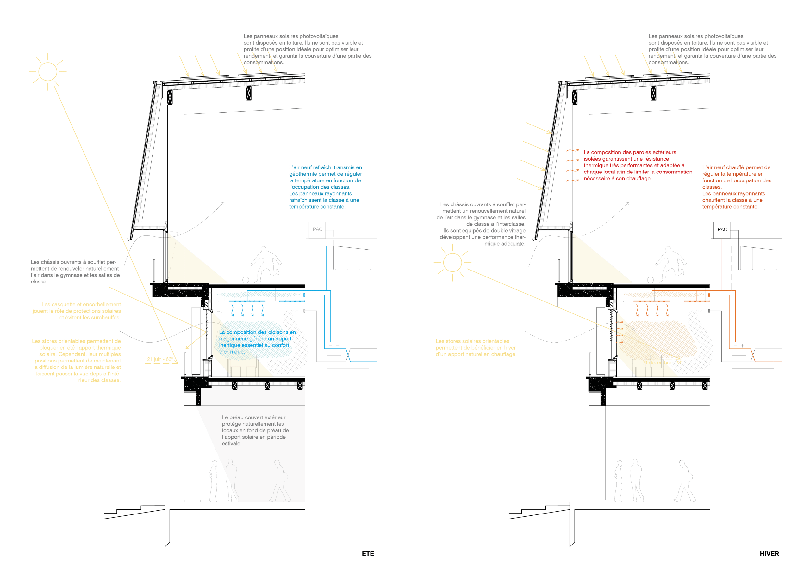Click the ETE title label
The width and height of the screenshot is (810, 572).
point(368,553)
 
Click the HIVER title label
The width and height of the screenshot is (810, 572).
point(769,553)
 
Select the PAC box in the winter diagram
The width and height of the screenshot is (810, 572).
point(722,230)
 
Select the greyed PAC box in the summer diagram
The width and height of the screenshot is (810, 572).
point(317,230)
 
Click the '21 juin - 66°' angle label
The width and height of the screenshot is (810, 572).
point(159,359)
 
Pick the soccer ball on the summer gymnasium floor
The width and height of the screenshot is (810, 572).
point(246,280)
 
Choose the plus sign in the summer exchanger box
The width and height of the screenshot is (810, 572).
point(338,346)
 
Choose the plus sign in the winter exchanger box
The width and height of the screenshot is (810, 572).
point(742,346)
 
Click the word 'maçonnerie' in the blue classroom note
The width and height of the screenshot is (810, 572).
point(234,339)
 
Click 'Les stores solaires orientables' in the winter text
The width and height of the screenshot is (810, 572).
point(472,341)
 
